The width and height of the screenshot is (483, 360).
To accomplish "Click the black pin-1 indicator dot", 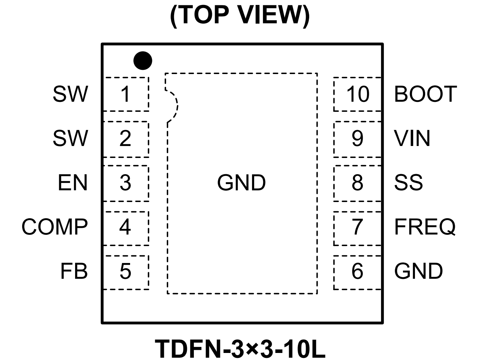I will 143,61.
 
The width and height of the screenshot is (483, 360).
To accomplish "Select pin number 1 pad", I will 126,94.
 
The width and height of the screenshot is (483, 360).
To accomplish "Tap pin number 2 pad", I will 126,139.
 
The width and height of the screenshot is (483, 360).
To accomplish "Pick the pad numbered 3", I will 126,183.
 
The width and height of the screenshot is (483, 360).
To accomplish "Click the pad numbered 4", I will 126,227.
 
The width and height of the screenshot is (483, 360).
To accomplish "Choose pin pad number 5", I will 126,272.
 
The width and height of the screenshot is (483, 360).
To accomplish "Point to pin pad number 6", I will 357,272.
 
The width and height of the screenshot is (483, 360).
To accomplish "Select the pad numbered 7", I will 357,227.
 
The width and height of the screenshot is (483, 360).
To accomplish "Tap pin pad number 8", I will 357,183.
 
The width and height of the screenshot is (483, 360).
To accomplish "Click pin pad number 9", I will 357,139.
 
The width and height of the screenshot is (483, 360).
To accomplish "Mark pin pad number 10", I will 357,94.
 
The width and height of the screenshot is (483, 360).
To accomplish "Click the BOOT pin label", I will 425,94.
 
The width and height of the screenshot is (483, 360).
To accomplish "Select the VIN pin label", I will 412,139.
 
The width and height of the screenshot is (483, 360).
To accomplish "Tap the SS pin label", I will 408,183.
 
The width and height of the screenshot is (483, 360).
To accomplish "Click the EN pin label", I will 73,183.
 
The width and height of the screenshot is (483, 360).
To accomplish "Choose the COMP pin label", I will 55,227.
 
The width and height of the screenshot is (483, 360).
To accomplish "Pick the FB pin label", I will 74,272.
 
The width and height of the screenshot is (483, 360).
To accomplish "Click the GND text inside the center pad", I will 241,183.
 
